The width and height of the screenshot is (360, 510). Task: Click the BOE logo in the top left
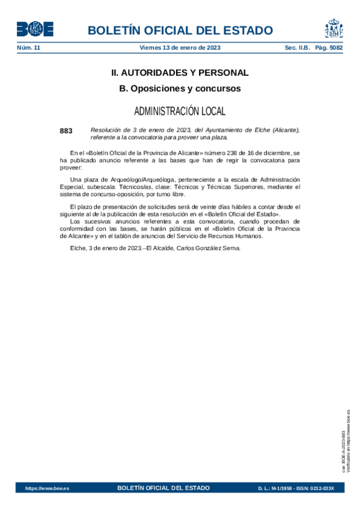pos(35,29)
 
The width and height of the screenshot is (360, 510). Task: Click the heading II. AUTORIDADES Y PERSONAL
pos(180,73)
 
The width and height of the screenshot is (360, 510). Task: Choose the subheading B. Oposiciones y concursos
pos(180,88)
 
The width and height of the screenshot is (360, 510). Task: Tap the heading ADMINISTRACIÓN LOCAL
pos(180,111)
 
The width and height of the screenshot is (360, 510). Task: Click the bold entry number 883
pos(66,131)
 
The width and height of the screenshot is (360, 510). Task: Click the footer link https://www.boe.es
pos(47,488)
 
